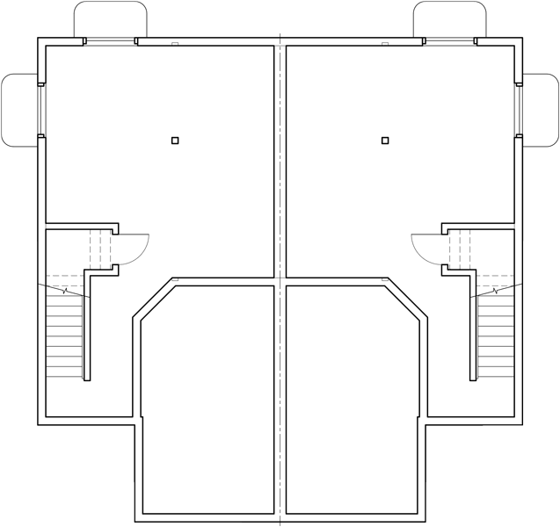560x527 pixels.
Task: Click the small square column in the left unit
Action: [175, 140]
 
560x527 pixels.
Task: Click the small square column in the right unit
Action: [385, 140]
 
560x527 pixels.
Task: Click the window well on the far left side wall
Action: [18, 110]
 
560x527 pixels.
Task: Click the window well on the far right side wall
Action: [542, 110]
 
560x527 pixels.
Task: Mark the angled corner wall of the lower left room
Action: [153, 300]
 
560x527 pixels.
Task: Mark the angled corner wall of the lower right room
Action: [407, 300]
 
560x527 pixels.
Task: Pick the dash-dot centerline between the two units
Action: [280, 263]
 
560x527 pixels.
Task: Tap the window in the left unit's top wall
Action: [110, 40]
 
